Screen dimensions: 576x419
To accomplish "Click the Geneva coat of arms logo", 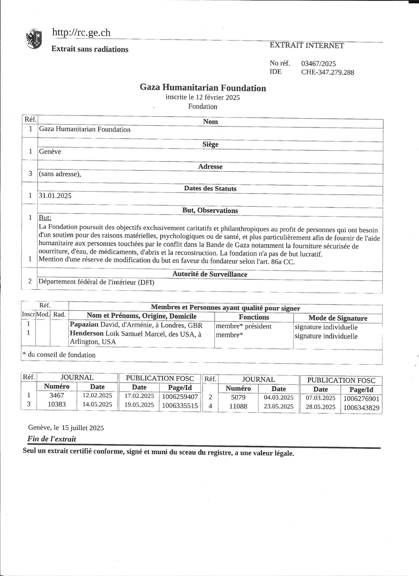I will pyautogui.click(x=34, y=39).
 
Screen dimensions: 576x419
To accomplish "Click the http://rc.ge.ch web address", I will pyautogui.click(x=81, y=33).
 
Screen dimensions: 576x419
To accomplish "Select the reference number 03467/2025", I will pyautogui.click(x=318, y=64).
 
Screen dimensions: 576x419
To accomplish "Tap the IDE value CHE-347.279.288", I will pyautogui.click(x=327, y=72).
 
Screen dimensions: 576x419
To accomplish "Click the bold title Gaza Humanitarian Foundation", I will pyautogui.click(x=203, y=88).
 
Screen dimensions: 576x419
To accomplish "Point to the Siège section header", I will pyautogui.click(x=210, y=145).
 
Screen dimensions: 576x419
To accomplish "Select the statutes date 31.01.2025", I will pyautogui.click(x=55, y=196).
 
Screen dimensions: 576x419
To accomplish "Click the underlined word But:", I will pyautogui.click(x=45, y=218).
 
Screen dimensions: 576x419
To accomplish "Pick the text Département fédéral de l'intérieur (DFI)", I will pyautogui.click(x=96, y=281).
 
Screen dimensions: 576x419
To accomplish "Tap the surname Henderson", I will pyautogui.click(x=87, y=334).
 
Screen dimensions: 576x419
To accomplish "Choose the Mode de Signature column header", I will pyautogui.click(x=338, y=318).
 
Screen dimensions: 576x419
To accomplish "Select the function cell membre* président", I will pyautogui.click(x=243, y=327).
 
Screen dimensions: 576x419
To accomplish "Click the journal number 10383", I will pyautogui.click(x=57, y=405).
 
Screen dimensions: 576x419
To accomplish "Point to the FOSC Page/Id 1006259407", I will pyautogui.click(x=180, y=397).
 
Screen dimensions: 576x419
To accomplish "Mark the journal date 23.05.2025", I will pyautogui.click(x=278, y=407).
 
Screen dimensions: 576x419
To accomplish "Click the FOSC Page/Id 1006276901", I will pyautogui.click(x=361, y=399).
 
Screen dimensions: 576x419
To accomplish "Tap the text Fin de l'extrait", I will pyautogui.click(x=52, y=439).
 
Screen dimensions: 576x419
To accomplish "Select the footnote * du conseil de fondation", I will pyautogui.click(x=59, y=355).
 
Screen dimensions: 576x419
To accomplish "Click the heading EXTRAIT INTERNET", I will pyautogui.click(x=307, y=46).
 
